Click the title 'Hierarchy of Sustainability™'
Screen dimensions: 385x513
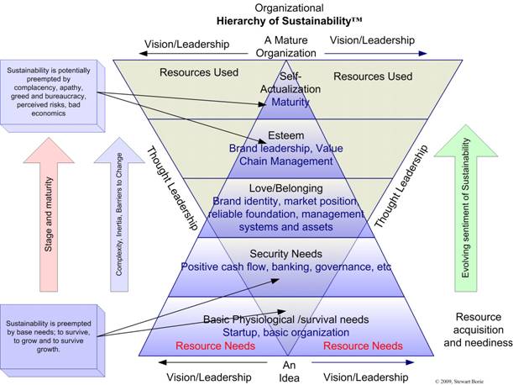coord(285,22)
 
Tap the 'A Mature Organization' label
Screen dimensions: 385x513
coord(285,46)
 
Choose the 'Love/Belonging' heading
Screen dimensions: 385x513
coord(285,189)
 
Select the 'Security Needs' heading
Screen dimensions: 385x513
coord(285,252)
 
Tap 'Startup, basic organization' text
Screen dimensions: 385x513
coord(285,332)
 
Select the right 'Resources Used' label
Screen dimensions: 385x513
coord(373,76)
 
